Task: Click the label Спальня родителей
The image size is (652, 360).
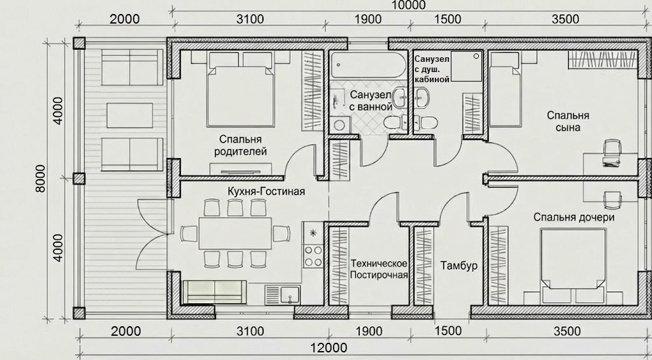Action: tap(240, 145)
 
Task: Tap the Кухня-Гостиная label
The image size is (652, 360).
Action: tap(266, 191)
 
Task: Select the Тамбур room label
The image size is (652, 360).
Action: tap(459, 266)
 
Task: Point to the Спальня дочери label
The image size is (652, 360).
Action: tap(574, 217)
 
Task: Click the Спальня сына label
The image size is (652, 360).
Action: tap(568, 121)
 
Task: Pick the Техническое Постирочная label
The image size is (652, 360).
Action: tap(379, 269)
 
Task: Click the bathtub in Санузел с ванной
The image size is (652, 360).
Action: tap(369, 65)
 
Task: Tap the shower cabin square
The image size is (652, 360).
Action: tap(467, 66)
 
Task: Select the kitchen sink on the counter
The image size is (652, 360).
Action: tap(283, 294)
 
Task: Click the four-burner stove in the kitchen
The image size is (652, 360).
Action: tap(313, 256)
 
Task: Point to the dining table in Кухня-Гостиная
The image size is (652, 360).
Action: tap(236, 233)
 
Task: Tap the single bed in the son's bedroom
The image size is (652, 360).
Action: tap(505, 89)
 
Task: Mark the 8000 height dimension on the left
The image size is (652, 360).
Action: tap(40, 178)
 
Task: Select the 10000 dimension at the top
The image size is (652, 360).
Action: tap(409, 5)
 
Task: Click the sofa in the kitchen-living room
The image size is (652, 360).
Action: tap(215, 291)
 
